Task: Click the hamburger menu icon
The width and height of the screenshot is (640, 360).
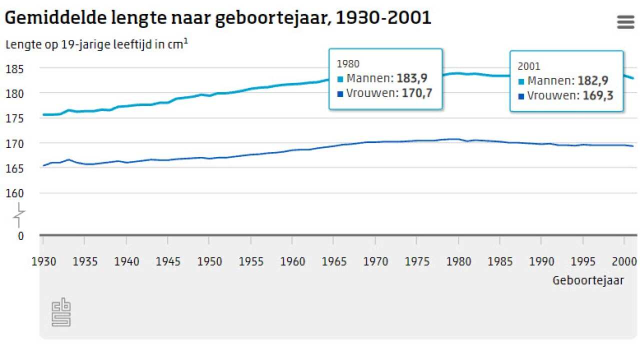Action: pyautogui.click(x=625, y=22)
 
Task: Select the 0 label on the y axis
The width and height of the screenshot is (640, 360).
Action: pyautogui.click(x=20, y=236)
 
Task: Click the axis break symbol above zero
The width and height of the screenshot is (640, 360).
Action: pyautogui.click(x=20, y=214)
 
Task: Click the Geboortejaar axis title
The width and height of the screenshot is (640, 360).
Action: pyautogui.click(x=588, y=280)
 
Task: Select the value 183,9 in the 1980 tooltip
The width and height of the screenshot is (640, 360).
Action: pyautogui.click(x=412, y=78)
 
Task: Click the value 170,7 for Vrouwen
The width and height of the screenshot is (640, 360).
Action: pyautogui.click(x=417, y=93)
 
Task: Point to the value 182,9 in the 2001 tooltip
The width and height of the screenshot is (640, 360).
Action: pyautogui.click(x=593, y=81)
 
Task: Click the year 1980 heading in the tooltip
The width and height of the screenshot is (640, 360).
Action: pyautogui.click(x=348, y=64)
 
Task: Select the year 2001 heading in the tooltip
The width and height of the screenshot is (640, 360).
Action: pyautogui.click(x=529, y=66)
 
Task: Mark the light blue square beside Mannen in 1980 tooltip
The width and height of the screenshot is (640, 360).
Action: pyautogui.click(x=340, y=79)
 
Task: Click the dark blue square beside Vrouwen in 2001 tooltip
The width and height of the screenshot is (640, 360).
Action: pyautogui.click(x=521, y=96)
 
